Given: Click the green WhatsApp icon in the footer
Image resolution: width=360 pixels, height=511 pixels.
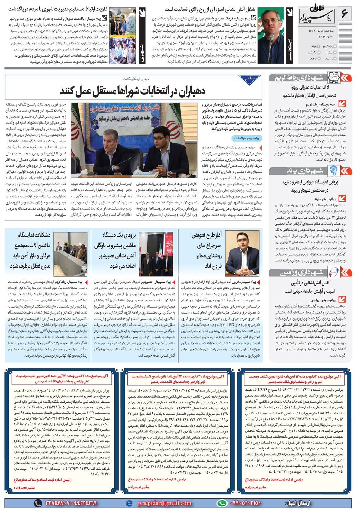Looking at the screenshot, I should coord(222,503).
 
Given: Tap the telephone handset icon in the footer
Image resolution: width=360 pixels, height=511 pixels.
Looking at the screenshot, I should coord(38,503).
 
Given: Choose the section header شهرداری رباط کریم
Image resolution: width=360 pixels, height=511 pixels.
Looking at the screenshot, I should coord(299,77).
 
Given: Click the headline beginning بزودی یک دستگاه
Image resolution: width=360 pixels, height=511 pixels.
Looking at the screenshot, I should coord(116,251).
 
